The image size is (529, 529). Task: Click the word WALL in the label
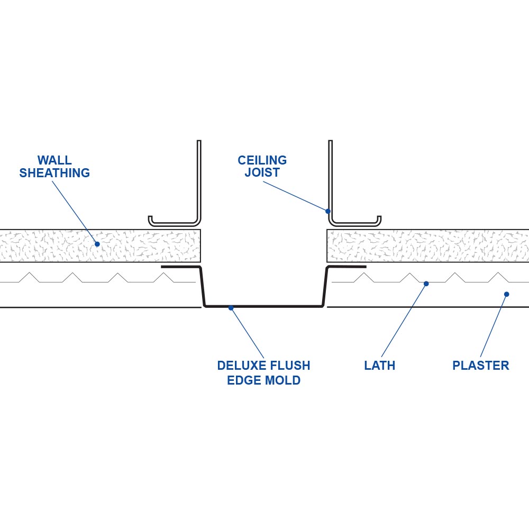[54, 160]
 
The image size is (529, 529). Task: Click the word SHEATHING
[54, 173]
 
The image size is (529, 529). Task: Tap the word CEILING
[262, 160]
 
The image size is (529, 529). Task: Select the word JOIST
[262, 173]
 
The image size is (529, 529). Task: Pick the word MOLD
[282, 380]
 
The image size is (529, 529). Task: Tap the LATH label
[379, 366]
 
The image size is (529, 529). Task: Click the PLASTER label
[480, 366]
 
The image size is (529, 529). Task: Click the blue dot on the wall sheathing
[97, 244]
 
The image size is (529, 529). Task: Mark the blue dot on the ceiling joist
[328, 211]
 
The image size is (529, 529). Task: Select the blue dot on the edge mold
[231, 307]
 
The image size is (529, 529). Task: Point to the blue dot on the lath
[426, 284]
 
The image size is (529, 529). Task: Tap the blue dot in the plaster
[506, 294]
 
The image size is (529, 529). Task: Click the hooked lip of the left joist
[151, 220]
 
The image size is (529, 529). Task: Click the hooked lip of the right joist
[378, 220]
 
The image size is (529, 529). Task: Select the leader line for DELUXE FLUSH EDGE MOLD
[247, 332]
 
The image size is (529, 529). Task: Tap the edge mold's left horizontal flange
[180, 267]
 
